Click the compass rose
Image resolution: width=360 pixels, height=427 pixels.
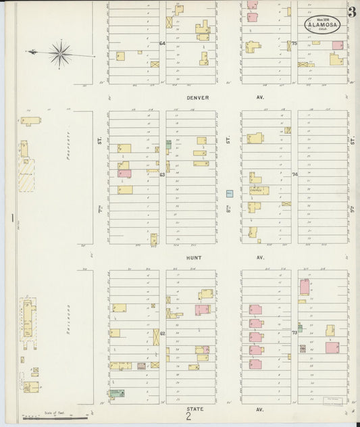click(60, 52)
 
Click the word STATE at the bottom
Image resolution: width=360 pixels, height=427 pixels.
click(194, 409)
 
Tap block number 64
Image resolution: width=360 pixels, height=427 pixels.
click(162, 44)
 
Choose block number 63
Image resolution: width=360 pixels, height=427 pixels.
click(162, 174)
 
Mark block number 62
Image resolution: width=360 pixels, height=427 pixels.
click(162, 333)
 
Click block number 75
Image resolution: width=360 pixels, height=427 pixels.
click(294, 44)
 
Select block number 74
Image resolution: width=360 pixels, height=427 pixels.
click(294, 174)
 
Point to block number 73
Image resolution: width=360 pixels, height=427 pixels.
click(294, 333)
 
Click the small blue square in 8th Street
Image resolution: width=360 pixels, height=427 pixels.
click(229, 193)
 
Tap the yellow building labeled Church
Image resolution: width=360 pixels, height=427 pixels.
click(258, 191)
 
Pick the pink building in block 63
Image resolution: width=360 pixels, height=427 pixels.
click(124, 174)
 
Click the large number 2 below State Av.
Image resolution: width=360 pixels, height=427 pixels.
click(188, 417)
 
